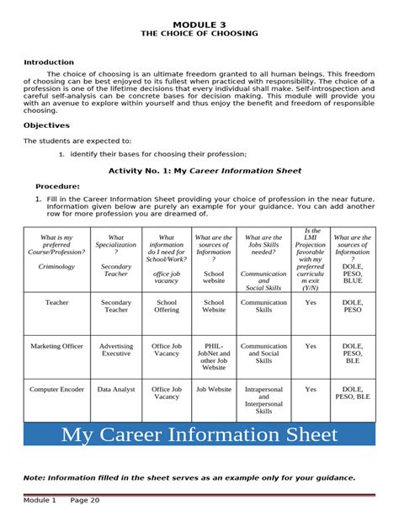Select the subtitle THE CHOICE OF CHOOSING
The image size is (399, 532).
tap(199, 34)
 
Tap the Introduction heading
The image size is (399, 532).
tap(49, 62)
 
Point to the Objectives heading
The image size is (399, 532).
tap(46, 125)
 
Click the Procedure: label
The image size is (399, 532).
tap(57, 186)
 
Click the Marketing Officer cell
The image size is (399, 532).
tap(57, 346)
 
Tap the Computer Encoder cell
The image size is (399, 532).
tap(57, 390)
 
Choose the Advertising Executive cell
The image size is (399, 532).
tap(116, 349)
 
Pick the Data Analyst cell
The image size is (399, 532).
tap(116, 390)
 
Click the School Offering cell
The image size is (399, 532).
tap(167, 306)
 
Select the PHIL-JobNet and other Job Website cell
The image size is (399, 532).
tap(215, 356)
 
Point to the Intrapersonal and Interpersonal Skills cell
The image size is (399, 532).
tap(263, 401)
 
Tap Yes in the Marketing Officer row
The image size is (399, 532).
tap(311, 346)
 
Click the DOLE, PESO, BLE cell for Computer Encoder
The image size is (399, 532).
tap(353, 393)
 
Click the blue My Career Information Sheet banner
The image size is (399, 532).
tap(199, 434)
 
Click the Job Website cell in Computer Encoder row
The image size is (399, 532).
tap(215, 390)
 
